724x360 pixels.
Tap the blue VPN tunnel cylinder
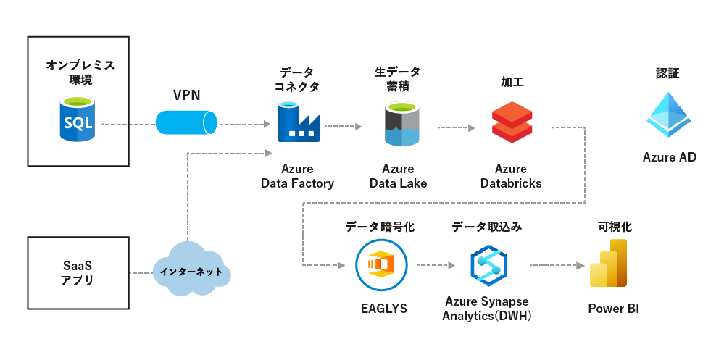click(187, 122)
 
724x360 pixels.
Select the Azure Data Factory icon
click(298, 122)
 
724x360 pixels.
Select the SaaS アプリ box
click(78, 272)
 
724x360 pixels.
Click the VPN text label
click(187, 94)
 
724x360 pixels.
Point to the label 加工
click(512, 82)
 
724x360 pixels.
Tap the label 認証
click(668, 73)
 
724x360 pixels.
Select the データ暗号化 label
click(380, 227)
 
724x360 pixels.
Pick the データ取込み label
click(486, 227)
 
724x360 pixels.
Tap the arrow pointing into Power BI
click(558, 265)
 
